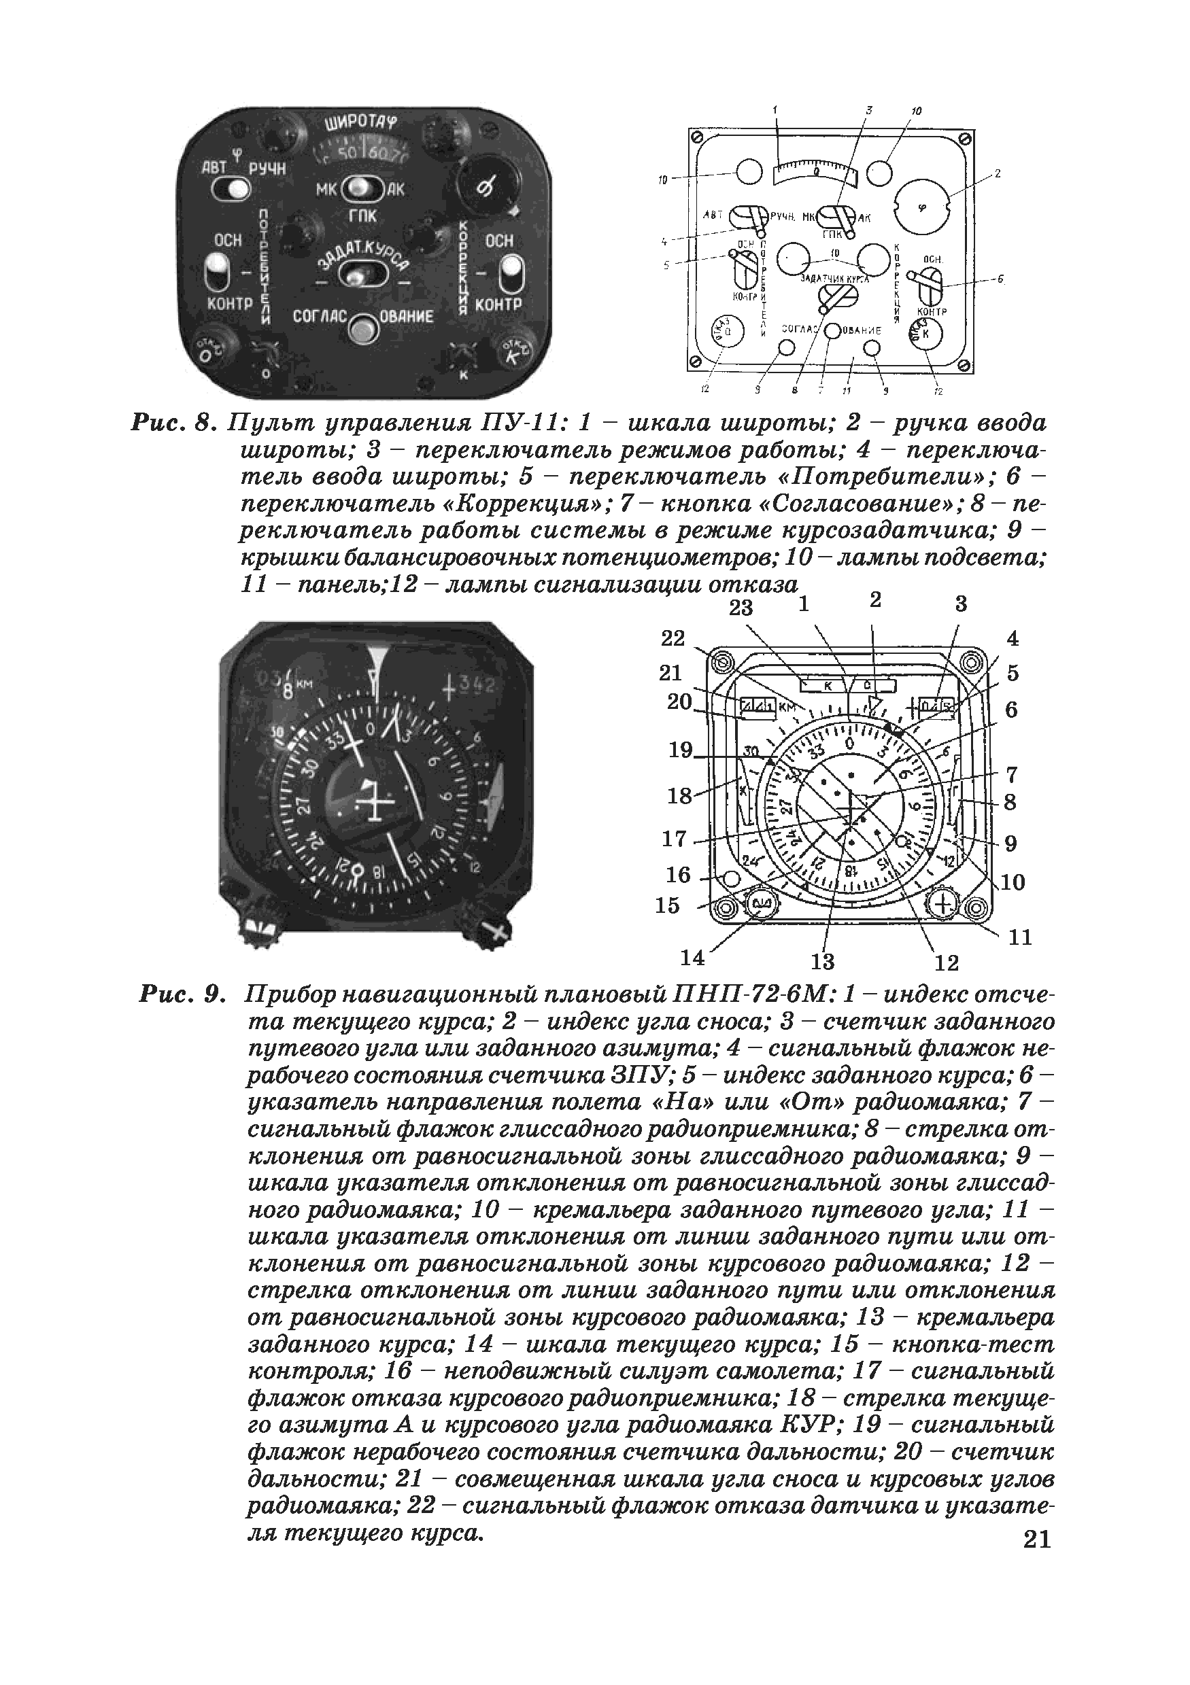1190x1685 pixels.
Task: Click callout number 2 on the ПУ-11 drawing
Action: tap(998, 174)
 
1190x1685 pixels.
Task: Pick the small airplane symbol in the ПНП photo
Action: tap(374, 802)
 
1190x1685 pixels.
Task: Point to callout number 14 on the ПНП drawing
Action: tap(692, 958)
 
